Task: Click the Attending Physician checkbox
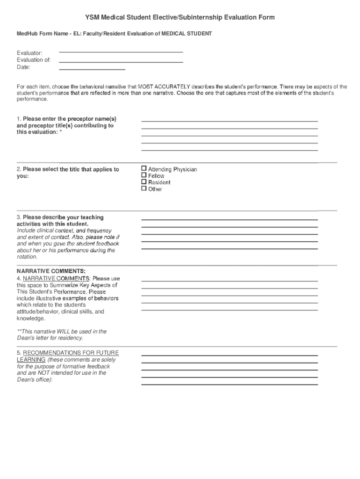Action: (144, 169)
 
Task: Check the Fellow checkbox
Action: (144, 175)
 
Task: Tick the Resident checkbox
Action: (144, 182)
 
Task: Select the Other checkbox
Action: (144, 189)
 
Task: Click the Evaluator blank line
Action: (121, 51)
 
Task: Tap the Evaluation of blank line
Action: (121, 62)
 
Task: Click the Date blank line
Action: (92, 69)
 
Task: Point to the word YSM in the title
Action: (93, 17)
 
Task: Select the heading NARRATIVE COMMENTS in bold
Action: (51, 271)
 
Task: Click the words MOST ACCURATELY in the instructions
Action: (164, 87)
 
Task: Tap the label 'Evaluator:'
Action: (29, 53)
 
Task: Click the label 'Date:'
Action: (23, 67)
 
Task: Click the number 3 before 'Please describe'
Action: (19, 218)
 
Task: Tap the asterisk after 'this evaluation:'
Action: (61, 132)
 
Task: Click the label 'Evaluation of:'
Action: (34, 60)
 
